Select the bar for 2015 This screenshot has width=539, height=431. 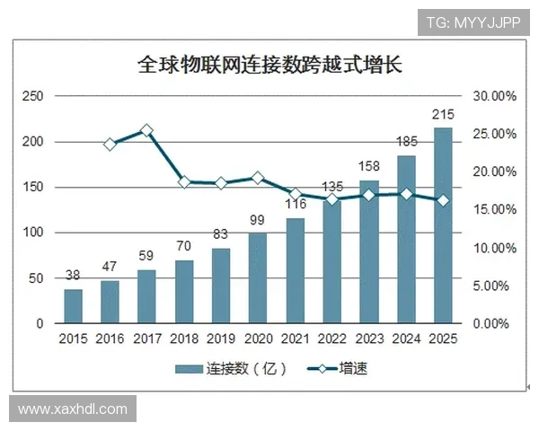[73, 305]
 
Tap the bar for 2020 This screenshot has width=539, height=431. [258, 277]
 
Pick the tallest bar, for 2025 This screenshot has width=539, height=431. [443, 224]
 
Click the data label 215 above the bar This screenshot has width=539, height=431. [443, 115]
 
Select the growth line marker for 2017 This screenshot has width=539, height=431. [147, 131]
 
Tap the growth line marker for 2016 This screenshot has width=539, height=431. [110, 144]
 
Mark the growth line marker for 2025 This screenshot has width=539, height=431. [443, 200]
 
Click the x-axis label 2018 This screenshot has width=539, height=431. [184, 339]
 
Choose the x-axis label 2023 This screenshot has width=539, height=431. [369, 339]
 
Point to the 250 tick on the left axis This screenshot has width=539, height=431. [32, 96]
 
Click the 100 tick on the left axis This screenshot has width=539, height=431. [32, 233]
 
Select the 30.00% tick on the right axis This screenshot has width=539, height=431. [494, 96]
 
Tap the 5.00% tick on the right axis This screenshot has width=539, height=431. [494, 286]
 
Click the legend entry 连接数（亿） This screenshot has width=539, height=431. [219, 368]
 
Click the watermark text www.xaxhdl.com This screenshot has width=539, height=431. [73, 409]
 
